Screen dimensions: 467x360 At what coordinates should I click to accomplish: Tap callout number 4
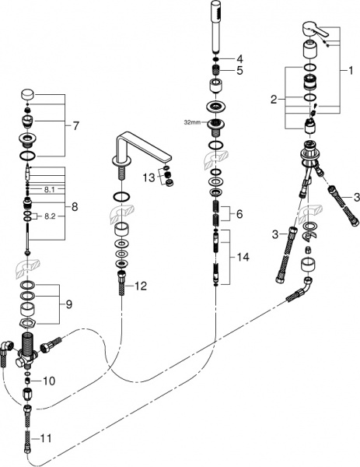(x=240, y=59)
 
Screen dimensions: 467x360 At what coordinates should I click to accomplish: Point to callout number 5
(x=240, y=71)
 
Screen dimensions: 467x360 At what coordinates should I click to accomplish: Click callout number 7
(x=75, y=125)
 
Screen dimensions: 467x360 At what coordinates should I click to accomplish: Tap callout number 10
(x=50, y=381)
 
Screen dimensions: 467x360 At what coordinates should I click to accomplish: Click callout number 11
(x=47, y=439)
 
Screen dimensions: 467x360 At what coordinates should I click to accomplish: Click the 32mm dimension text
(x=192, y=121)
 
